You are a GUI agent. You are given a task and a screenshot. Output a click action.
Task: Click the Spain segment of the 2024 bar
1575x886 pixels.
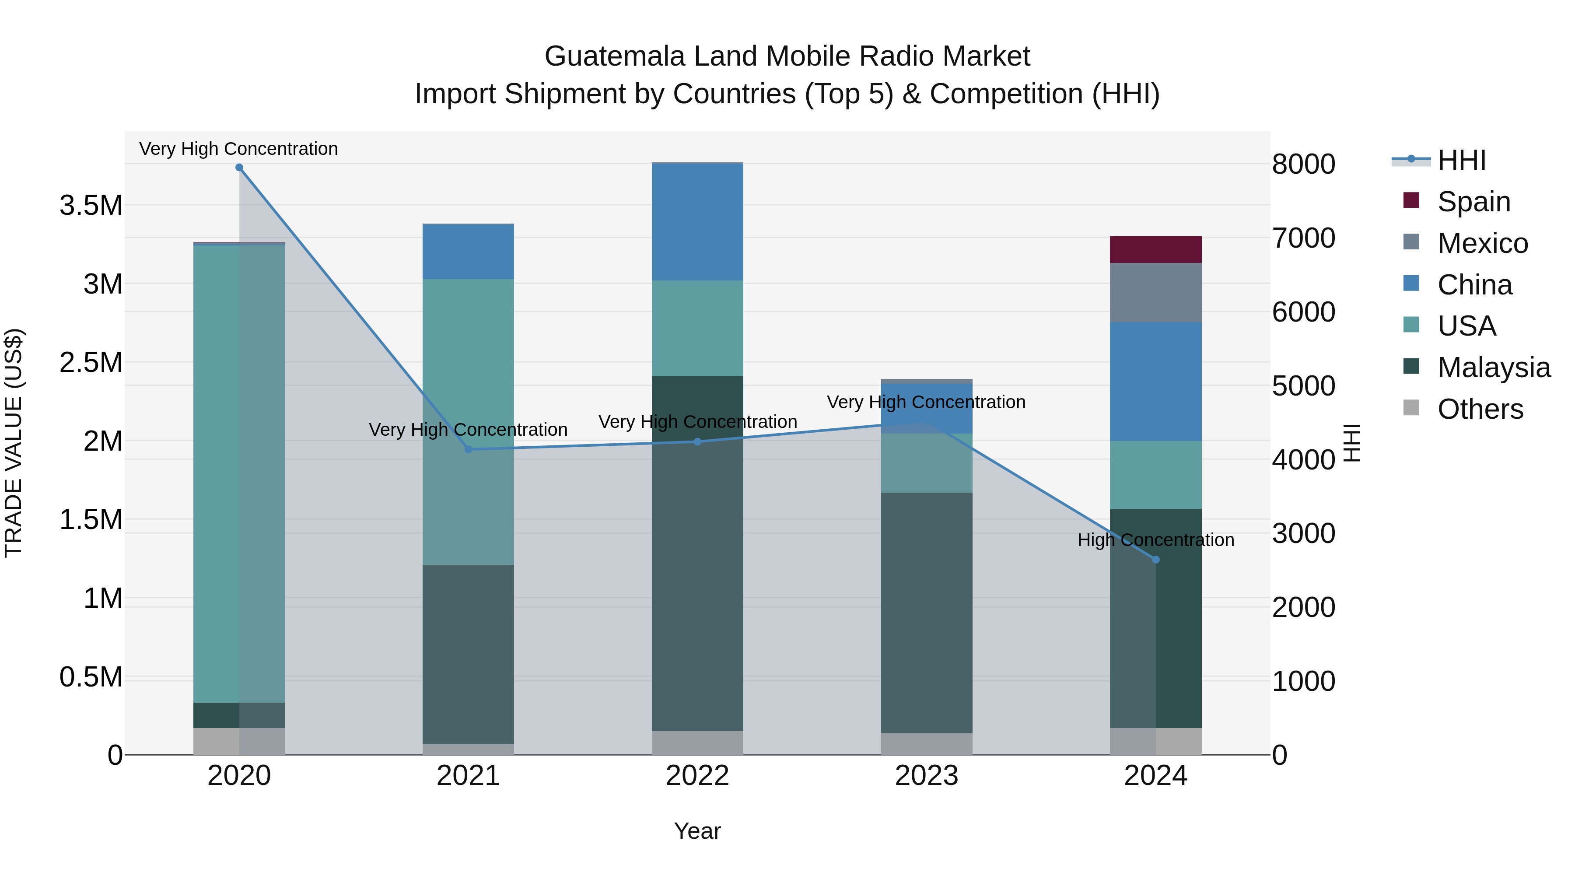(x=1155, y=249)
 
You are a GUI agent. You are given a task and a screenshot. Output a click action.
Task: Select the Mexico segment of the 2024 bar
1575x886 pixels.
(x=1155, y=292)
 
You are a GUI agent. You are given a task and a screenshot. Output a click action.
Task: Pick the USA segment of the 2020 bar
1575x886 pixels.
(x=239, y=473)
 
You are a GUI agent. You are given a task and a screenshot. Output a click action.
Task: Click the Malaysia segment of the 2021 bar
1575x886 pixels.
(x=468, y=654)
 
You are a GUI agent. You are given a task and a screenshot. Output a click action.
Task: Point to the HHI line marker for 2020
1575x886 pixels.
(x=239, y=168)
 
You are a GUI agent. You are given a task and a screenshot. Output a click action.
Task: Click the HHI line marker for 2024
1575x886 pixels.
(x=1155, y=560)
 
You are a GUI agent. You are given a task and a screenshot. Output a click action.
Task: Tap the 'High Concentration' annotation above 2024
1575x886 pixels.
(x=1155, y=540)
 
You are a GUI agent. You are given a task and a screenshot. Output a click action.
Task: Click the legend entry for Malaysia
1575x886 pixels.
(x=1494, y=368)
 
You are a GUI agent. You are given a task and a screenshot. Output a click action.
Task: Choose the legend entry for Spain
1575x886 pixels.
(x=1473, y=202)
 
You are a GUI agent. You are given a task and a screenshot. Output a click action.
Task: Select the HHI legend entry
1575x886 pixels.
(x=1461, y=160)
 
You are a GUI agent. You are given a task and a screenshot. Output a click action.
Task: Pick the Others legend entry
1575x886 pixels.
(x=1480, y=409)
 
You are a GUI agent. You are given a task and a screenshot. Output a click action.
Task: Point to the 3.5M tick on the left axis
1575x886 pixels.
(x=91, y=206)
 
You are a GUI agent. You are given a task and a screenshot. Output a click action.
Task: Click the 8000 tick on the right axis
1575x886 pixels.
(x=1303, y=164)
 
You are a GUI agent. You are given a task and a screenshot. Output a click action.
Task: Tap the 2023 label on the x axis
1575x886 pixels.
(x=926, y=776)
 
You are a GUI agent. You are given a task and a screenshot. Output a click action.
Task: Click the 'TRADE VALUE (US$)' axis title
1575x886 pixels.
(x=14, y=443)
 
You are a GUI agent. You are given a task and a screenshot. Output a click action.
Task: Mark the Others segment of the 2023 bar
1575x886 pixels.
(x=926, y=743)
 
